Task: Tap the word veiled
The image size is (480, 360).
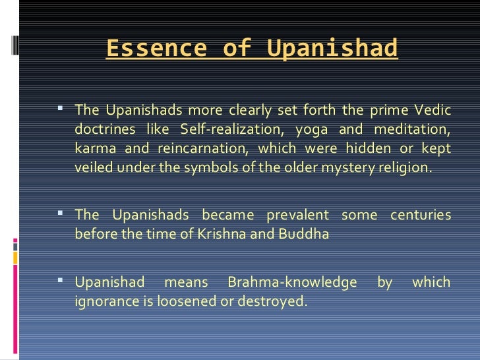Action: pos(93,167)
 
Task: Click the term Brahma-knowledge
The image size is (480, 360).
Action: pos(292,282)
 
